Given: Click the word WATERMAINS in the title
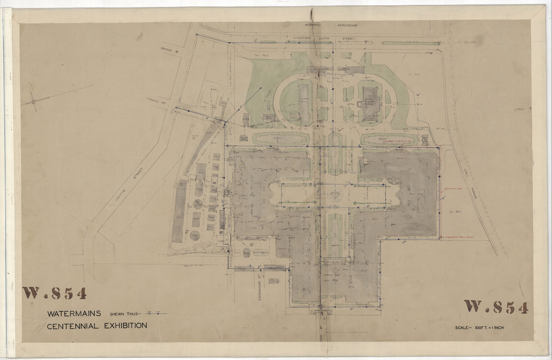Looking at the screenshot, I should coord(74,314).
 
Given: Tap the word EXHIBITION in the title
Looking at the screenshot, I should coord(125,326).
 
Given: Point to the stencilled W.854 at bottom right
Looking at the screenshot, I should coord(496,307).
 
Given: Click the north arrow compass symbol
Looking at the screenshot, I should coord(34,101).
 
